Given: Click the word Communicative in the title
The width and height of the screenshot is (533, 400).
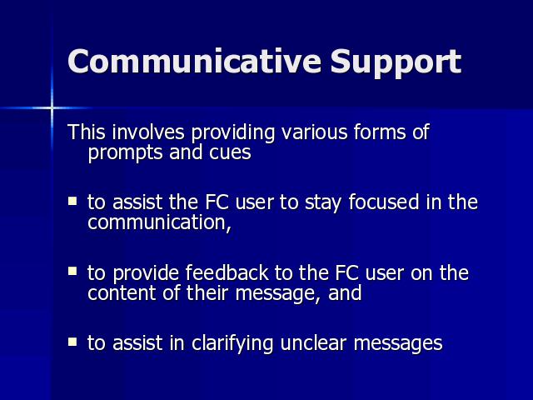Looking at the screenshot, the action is coord(194,61).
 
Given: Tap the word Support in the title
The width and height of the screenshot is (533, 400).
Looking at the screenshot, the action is coord(396,63).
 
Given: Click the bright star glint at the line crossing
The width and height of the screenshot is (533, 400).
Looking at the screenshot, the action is coord(52,108).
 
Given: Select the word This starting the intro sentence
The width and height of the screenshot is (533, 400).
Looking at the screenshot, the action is coord(87,132).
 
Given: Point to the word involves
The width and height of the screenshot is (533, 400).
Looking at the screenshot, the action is coord(148,132).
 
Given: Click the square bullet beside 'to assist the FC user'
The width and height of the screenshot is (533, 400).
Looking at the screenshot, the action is coord(72,201).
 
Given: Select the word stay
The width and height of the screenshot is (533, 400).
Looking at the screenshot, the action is coord(323,202).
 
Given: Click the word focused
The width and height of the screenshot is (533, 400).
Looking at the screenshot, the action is coord(384,202).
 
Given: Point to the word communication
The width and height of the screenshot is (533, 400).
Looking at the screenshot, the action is coord(157,222).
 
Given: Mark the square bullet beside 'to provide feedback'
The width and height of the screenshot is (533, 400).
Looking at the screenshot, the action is coord(72,271).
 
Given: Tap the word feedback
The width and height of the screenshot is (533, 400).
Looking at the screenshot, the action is coord(227,272).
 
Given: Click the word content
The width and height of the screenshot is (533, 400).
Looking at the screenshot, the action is coord(122,292).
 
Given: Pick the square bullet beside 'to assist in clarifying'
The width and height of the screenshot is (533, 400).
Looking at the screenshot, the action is coord(72,342).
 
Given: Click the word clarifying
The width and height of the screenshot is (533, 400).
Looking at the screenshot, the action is coord(232,343).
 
